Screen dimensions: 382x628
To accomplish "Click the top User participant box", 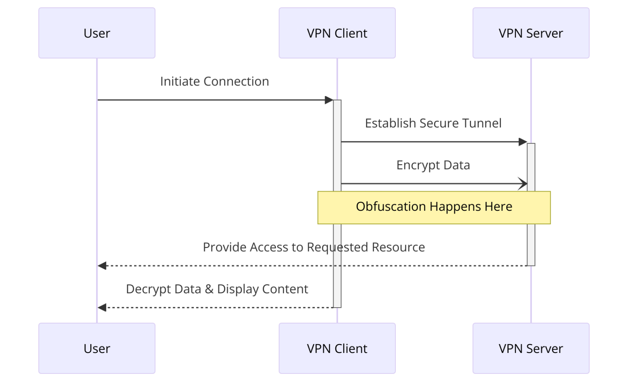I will (x=97, y=33).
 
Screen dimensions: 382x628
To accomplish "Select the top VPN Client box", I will (x=337, y=33).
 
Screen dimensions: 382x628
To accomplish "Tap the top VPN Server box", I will (x=531, y=33).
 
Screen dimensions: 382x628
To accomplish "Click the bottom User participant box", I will (x=97, y=348).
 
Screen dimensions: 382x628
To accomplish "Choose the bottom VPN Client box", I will (x=337, y=348).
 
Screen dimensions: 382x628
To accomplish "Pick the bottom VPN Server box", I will (x=531, y=348).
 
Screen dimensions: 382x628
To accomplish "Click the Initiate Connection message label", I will (x=214, y=81).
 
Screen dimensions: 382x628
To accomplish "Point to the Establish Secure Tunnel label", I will (x=433, y=123).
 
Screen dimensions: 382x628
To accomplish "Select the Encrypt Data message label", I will (x=433, y=165).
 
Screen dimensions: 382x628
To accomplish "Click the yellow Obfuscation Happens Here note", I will (x=434, y=208).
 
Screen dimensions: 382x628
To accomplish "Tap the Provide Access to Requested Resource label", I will (x=314, y=247).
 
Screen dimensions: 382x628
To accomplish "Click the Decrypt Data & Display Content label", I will (x=217, y=289).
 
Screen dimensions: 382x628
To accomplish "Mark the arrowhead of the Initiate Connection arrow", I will (x=329, y=100).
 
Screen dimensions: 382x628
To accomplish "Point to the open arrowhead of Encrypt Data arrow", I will (x=523, y=184).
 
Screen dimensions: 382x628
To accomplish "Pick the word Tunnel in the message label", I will (x=482, y=123).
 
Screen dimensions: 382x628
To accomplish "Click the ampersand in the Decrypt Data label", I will (x=209, y=289).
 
